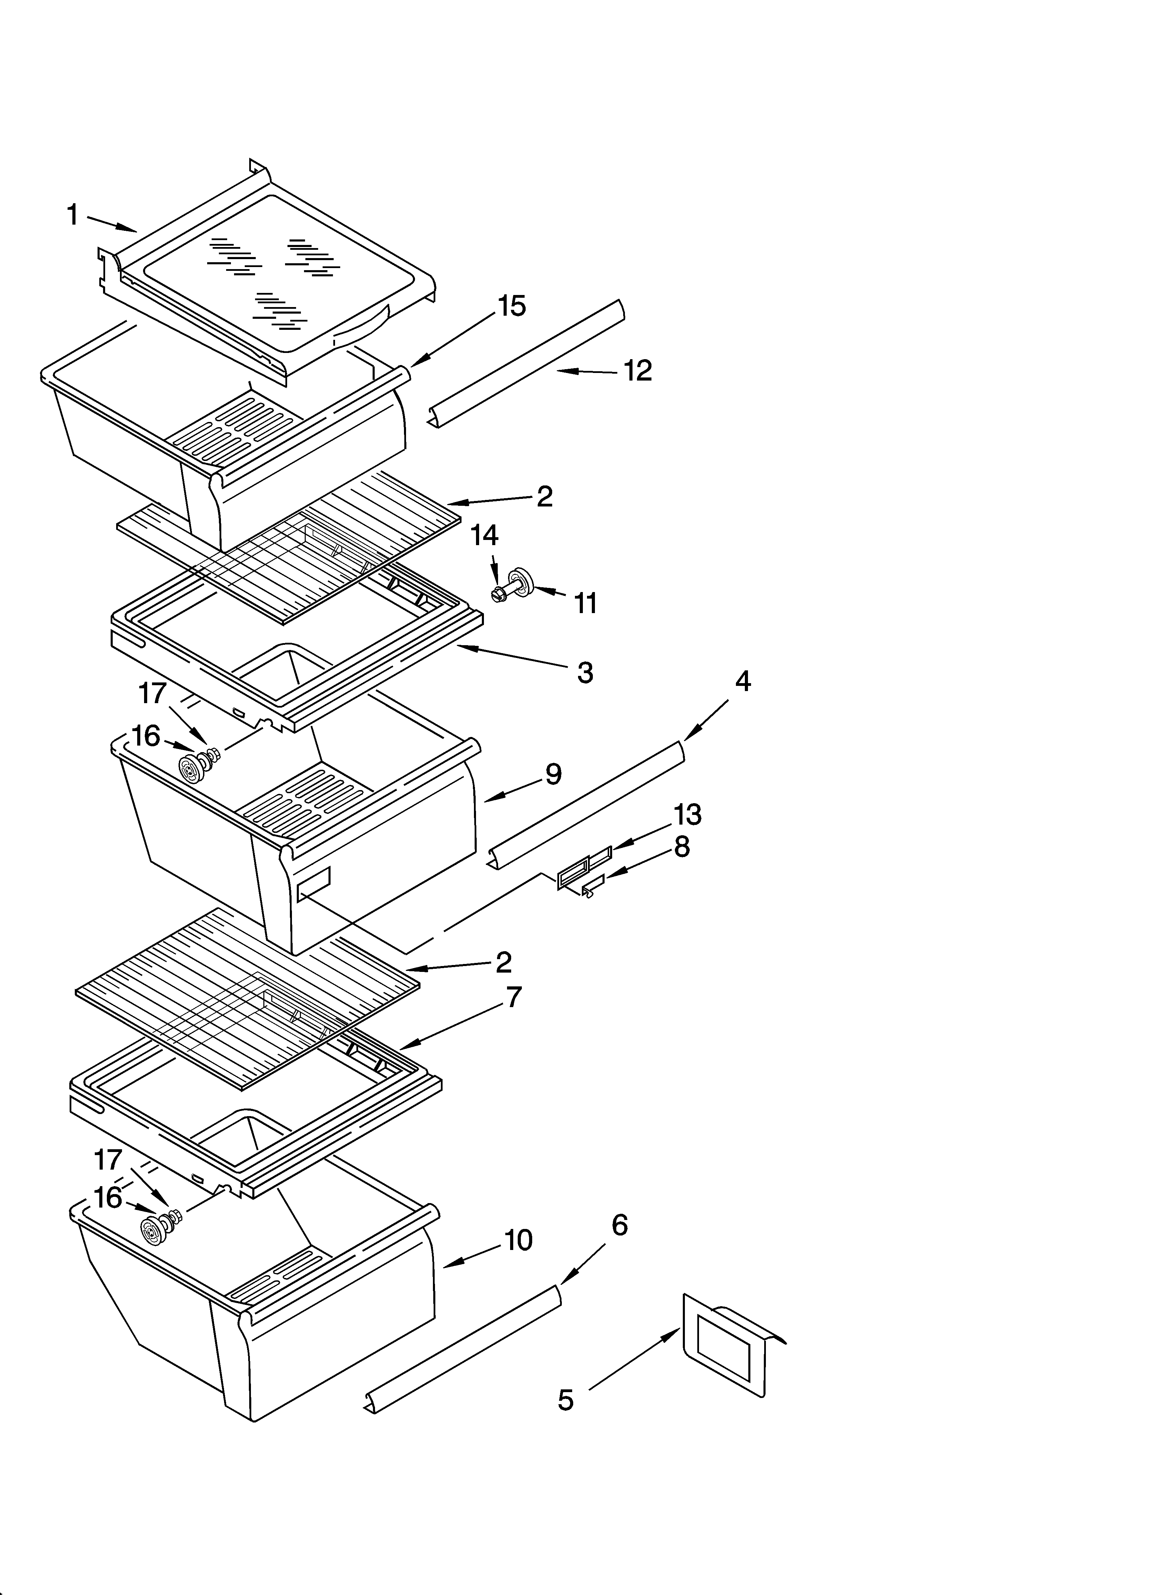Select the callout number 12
(x=637, y=371)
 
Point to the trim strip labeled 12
(x=527, y=364)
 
